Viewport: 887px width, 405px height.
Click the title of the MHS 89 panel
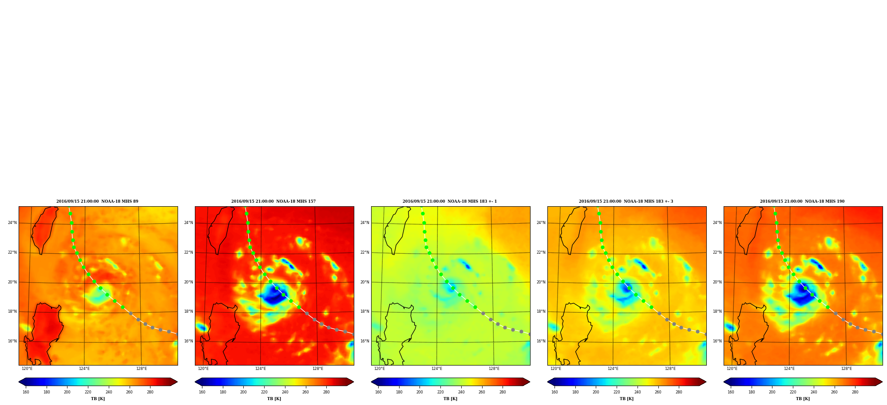[97, 201]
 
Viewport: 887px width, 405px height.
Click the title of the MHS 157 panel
[273, 201]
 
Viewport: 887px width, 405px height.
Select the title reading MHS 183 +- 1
[450, 201]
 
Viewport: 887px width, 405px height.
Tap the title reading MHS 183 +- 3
[626, 201]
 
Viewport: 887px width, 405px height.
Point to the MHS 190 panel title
[802, 201]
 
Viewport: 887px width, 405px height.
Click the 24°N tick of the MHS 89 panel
[12, 223]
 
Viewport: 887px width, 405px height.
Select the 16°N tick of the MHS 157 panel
[188, 341]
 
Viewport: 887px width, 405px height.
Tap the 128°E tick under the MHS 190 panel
[846, 369]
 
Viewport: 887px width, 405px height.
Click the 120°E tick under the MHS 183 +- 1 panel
[380, 369]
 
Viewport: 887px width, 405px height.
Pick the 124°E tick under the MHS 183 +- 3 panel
[613, 369]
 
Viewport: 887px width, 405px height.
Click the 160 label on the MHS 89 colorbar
[26, 392]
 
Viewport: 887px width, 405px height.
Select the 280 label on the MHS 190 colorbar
[855, 392]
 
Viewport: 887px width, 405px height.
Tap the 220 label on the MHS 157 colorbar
[264, 392]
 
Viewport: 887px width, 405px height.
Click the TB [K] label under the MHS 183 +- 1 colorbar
[450, 399]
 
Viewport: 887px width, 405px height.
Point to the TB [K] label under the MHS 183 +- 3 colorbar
[626, 399]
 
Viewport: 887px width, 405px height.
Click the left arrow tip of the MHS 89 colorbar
[19, 382]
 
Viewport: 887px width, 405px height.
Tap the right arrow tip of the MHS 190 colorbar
[883, 382]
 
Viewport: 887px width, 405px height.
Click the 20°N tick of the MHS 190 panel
[717, 282]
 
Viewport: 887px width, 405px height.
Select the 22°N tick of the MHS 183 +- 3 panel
[541, 252]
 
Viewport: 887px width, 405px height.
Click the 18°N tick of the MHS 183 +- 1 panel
[364, 311]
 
